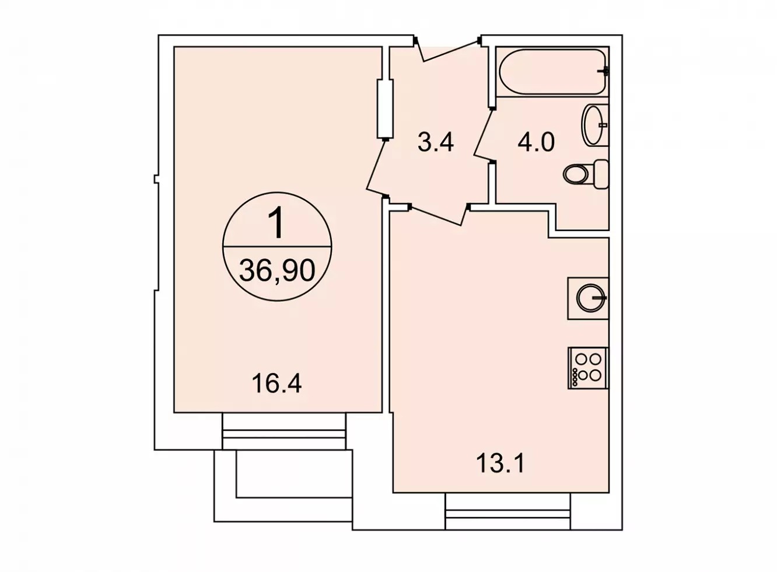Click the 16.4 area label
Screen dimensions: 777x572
[276, 383]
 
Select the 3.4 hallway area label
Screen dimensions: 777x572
[436, 142]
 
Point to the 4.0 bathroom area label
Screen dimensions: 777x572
[536, 142]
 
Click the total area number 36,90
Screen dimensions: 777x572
[277, 271]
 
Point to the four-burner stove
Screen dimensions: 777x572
[589, 368]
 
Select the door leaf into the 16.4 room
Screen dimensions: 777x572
[376, 168]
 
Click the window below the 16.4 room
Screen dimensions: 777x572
[283, 431]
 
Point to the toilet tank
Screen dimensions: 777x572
[601, 175]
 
